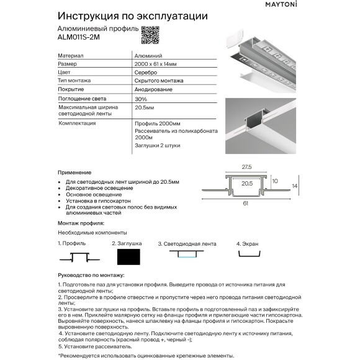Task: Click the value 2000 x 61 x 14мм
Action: tap(155, 64)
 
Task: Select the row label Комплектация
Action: tap(77, 124)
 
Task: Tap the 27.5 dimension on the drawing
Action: tap(247, 166)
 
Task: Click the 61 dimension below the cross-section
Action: tap(247, 203)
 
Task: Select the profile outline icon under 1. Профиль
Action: tap(75, 256)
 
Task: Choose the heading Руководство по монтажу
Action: tap(91, 274)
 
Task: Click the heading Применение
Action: tap(74, 171)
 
